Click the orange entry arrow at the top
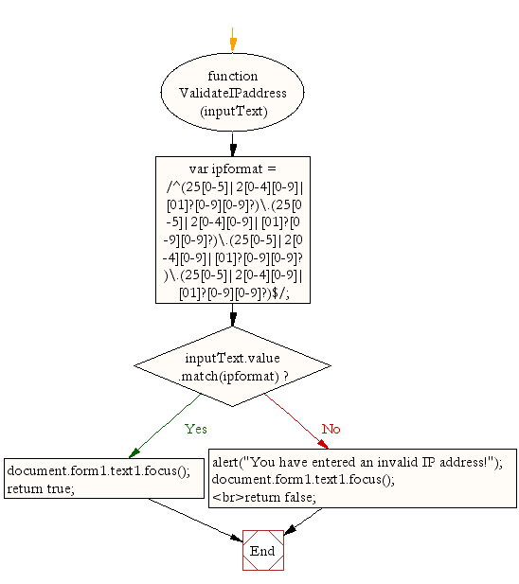(233, 40)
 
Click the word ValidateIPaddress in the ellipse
(233, 93)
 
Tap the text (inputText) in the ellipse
(234, 112)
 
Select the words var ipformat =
(232, 169)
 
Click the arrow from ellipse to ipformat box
(233, 144)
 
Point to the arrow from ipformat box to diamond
(233, 315)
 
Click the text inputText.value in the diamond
(232, 359)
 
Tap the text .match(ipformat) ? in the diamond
(234, 377)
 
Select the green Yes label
(196, 429)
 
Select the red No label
(331, 429)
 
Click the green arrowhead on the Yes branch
(134, 452)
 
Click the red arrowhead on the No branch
(323, 444)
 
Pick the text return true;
(41, 488)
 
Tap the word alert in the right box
(225, 462)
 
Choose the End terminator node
(263, 551)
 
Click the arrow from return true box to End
(196, 520)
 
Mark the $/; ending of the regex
(280, 293)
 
